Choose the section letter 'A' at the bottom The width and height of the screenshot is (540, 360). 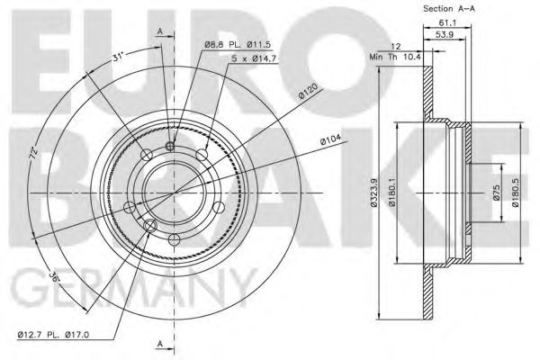tap(160, 344)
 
